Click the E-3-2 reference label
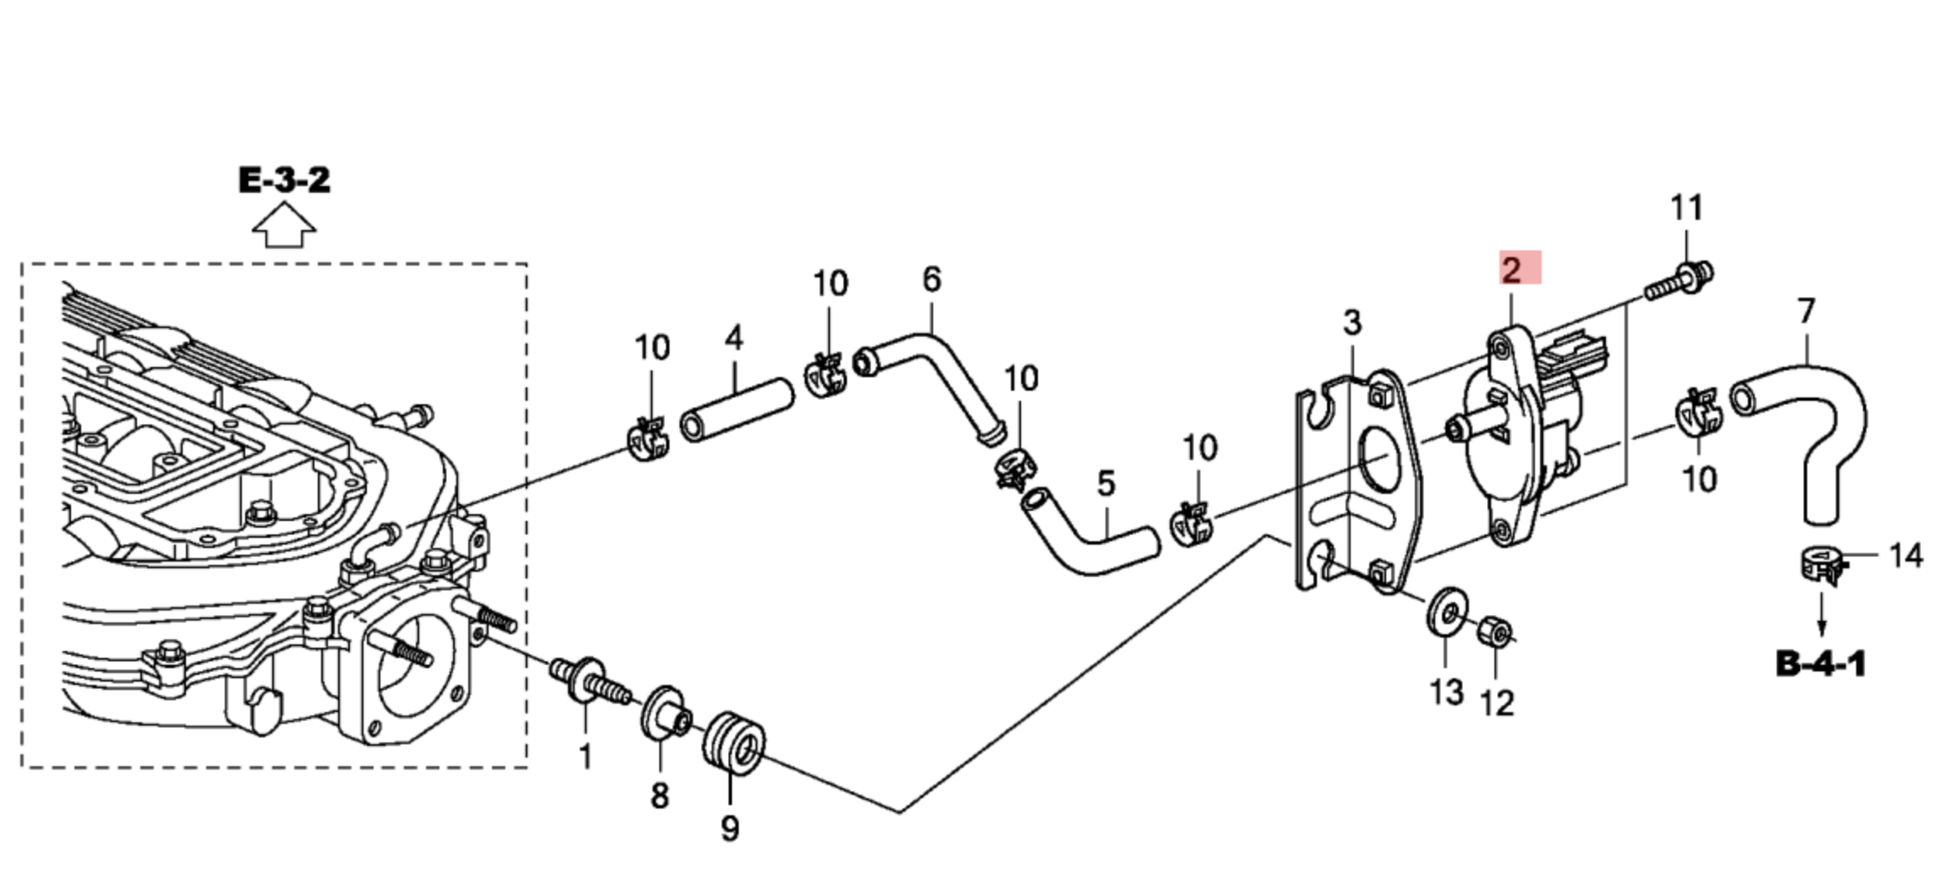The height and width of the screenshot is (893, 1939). coord(284,180)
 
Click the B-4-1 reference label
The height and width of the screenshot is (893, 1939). coord(1821,664)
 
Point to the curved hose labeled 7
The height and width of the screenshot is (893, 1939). coord(1817,423)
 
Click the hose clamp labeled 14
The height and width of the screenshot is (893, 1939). coord(1820,566)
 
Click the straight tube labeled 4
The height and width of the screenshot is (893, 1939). coord(736,411)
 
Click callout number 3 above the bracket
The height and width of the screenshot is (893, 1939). coord(1352,323)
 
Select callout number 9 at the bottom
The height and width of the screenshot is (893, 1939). coord(730,828)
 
